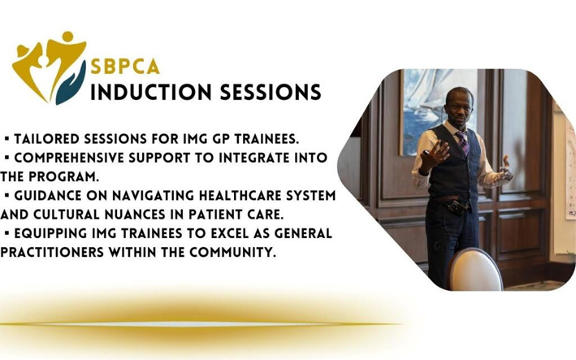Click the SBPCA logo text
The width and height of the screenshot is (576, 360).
tap(125, 67)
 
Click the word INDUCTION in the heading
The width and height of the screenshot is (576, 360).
tap(151, 92)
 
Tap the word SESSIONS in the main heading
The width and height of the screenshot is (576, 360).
tap(271, 92)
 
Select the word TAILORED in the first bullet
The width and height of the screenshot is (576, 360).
tap(46, 139)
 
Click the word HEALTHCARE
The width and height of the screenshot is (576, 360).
tap(240, 196)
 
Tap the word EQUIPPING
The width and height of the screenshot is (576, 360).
tap(50, 233)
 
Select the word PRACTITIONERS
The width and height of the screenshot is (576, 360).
tap(52, 253)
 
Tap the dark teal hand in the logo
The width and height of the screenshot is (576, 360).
tap(71, 85)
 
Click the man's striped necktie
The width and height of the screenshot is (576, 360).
tap(462, 141)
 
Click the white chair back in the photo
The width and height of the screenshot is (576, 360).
tap(474, 271)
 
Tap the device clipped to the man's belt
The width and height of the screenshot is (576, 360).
tap(457, 206)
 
